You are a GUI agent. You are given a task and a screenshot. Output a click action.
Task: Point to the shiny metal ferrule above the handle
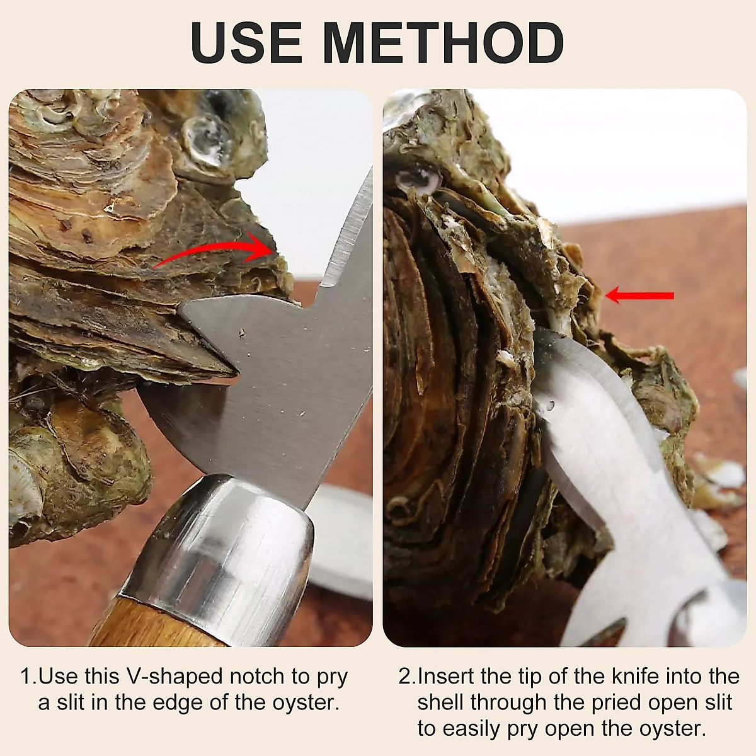pos(220,542)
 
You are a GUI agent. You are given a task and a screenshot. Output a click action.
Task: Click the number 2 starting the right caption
pos(405,677)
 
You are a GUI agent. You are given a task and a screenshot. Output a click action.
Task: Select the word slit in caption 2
pos(716,702)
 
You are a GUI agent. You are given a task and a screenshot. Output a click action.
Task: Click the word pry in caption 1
pos(331,678)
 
